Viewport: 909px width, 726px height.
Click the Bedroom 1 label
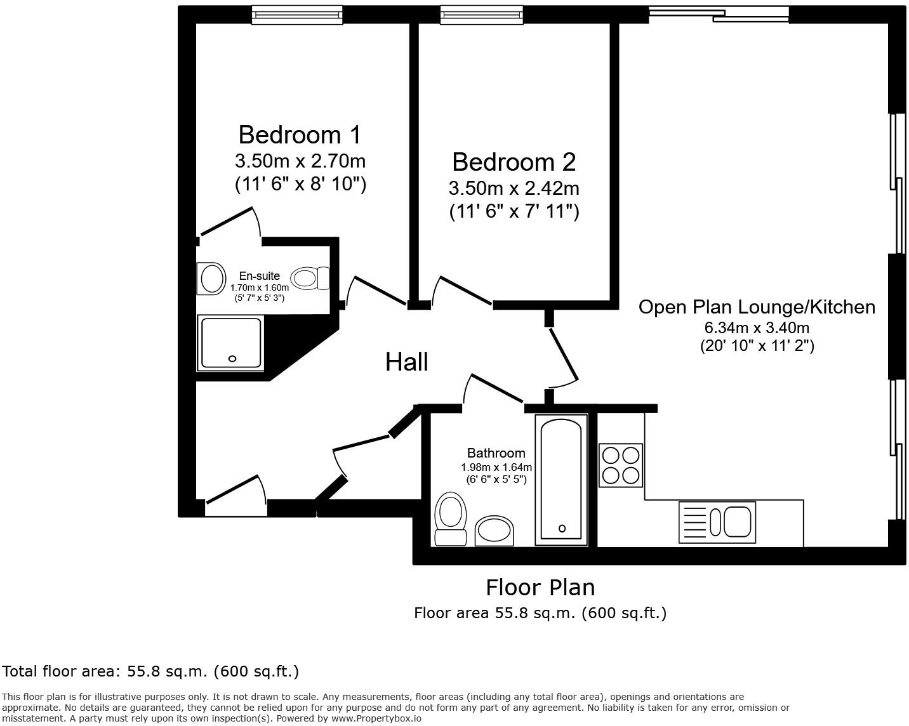300,135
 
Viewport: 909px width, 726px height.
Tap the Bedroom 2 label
514,162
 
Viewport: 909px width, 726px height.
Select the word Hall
406,362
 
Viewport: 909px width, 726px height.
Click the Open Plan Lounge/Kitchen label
757,307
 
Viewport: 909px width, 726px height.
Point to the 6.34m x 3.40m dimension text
757,328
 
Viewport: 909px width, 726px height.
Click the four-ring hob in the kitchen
621,465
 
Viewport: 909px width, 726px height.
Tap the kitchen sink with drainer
717,522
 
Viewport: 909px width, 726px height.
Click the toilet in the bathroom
450,517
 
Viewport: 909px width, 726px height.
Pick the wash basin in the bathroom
494,531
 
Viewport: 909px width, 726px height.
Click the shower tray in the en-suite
231,343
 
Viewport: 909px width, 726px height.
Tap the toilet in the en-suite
310,278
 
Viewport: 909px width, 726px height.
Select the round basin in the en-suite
212,279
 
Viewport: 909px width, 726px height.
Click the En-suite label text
259,276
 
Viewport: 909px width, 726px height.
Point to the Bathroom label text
496,453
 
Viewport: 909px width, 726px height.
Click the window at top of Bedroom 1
297,14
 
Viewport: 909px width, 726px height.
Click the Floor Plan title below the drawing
540,588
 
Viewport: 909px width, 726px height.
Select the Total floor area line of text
150,671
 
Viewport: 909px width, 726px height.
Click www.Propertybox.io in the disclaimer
376,718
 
